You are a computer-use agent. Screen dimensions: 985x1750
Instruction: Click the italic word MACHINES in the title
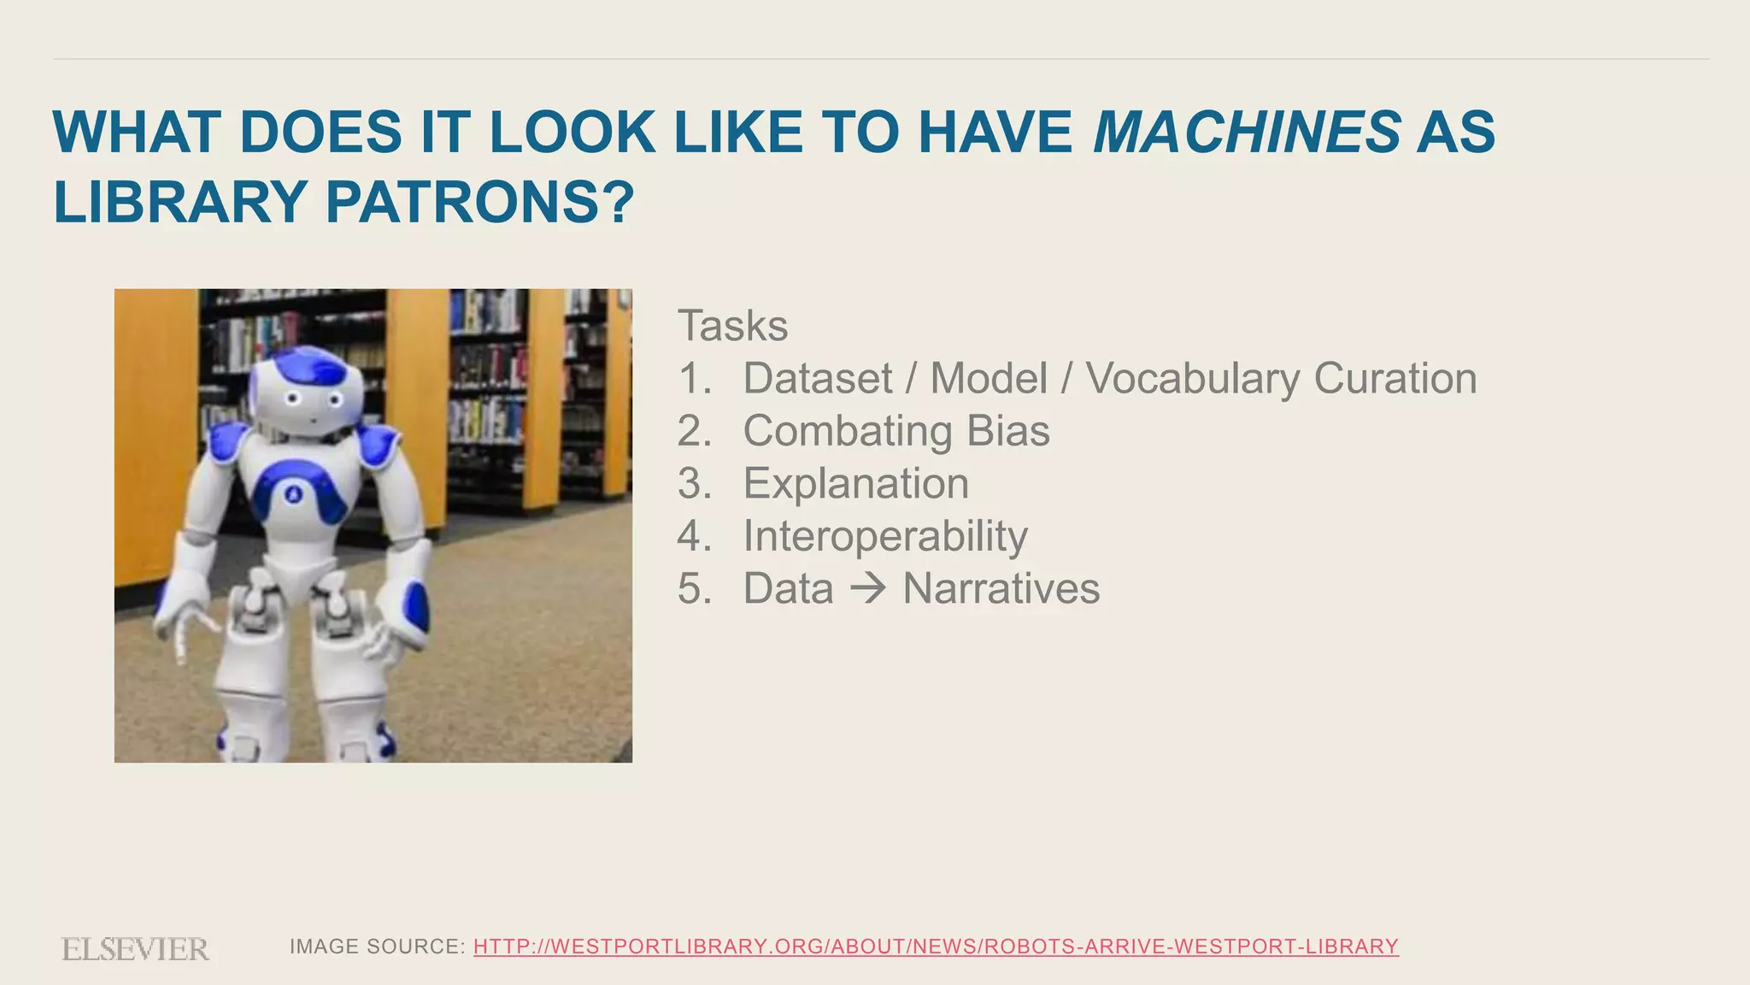coord(1247,133)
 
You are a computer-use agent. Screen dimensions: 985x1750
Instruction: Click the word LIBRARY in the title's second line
coord(180,203)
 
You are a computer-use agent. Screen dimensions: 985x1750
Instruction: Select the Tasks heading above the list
coord(732,326)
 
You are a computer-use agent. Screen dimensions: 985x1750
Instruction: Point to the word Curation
coord(1395,379)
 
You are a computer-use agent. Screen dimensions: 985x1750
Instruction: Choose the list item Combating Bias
coord(896,431)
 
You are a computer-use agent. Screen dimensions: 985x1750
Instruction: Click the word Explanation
coord(855,484)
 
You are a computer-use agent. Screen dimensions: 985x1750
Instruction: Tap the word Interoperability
coord(884,537)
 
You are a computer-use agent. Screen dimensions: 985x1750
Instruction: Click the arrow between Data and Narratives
coord(868,588)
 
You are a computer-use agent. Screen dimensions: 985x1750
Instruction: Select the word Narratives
coord(1001,589)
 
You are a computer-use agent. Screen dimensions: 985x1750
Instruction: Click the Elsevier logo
coord(135,949)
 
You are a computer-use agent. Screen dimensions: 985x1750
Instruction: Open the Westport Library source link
coord(936,947)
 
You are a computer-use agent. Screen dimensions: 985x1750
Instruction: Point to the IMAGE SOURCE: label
coord(378,947)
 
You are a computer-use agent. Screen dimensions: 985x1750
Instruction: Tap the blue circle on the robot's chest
coord(294,493)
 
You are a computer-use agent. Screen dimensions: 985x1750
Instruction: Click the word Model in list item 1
coord(988,379)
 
